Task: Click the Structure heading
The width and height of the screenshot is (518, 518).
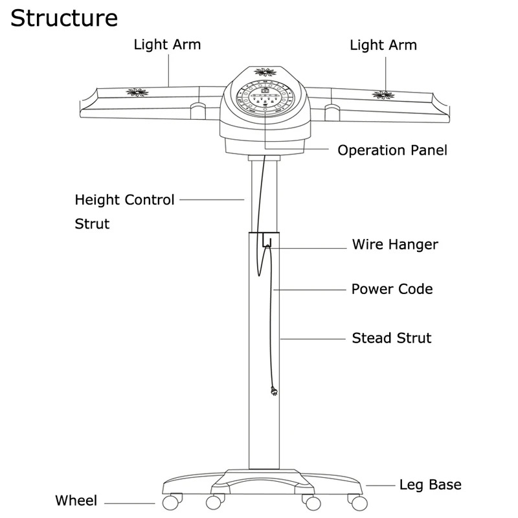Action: click(x=63, y=17)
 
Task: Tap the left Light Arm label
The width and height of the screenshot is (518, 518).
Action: click(x=167, y=45)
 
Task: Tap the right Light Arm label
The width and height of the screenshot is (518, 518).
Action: click(x=383, y=45)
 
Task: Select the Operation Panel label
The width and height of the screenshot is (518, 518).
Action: click(x=392, y=150)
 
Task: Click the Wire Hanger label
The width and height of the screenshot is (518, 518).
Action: click(x=395, y=245)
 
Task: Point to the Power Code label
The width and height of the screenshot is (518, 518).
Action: click(x=392, y=288)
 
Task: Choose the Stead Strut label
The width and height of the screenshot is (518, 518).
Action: click(x=391, y=337)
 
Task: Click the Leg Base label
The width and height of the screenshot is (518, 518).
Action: click(x=430, y=484)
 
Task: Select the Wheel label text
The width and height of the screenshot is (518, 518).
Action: click(x=76, y=501)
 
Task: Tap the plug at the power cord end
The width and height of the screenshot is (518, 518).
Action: click(x=275, y=391)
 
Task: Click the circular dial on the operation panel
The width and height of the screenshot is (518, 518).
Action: click(x=265, y=99)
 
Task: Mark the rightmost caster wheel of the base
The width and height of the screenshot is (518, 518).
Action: click(x=354, y=502)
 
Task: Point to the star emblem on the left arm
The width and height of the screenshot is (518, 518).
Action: click(x=137, y=93)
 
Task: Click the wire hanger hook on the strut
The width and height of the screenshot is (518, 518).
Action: click(x=266, y=244)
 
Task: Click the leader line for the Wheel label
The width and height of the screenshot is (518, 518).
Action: click(x=129, y=502)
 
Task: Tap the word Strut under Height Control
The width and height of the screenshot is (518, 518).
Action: click(x=92, y=224)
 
